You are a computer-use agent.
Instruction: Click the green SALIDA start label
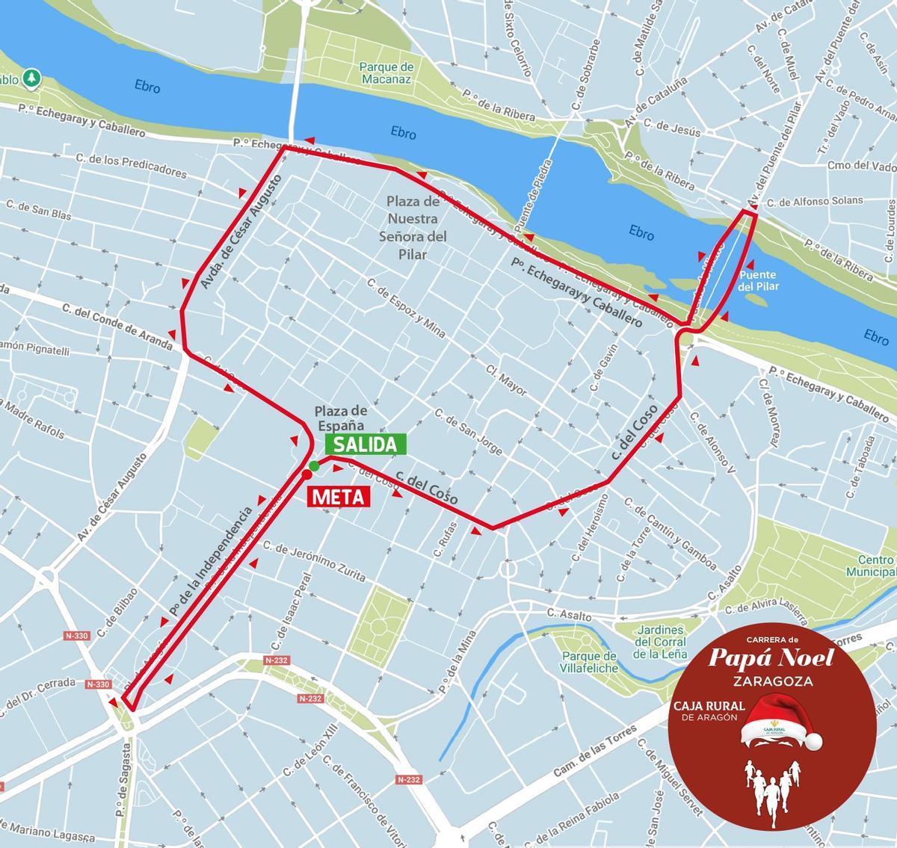pos(366,445)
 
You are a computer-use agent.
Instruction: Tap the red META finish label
pos(339,496)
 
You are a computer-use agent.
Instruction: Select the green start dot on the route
pos(314,465)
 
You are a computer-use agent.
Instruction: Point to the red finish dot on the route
pos(306,474)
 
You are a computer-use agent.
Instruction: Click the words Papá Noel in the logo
pos(770,658)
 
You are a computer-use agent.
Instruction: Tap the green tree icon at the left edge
pos(31,78)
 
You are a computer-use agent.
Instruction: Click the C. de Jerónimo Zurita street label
pos(314,561)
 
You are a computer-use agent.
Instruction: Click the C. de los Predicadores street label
pos(132,166)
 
